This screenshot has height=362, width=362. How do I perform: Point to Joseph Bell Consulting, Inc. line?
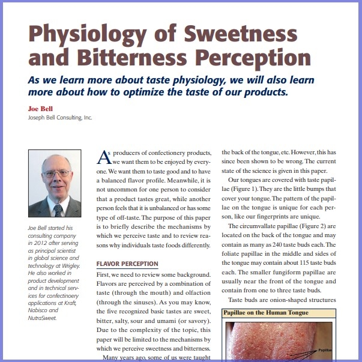60,117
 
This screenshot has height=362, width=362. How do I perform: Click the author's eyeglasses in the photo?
56,174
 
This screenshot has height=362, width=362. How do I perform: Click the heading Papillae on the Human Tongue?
267,313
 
